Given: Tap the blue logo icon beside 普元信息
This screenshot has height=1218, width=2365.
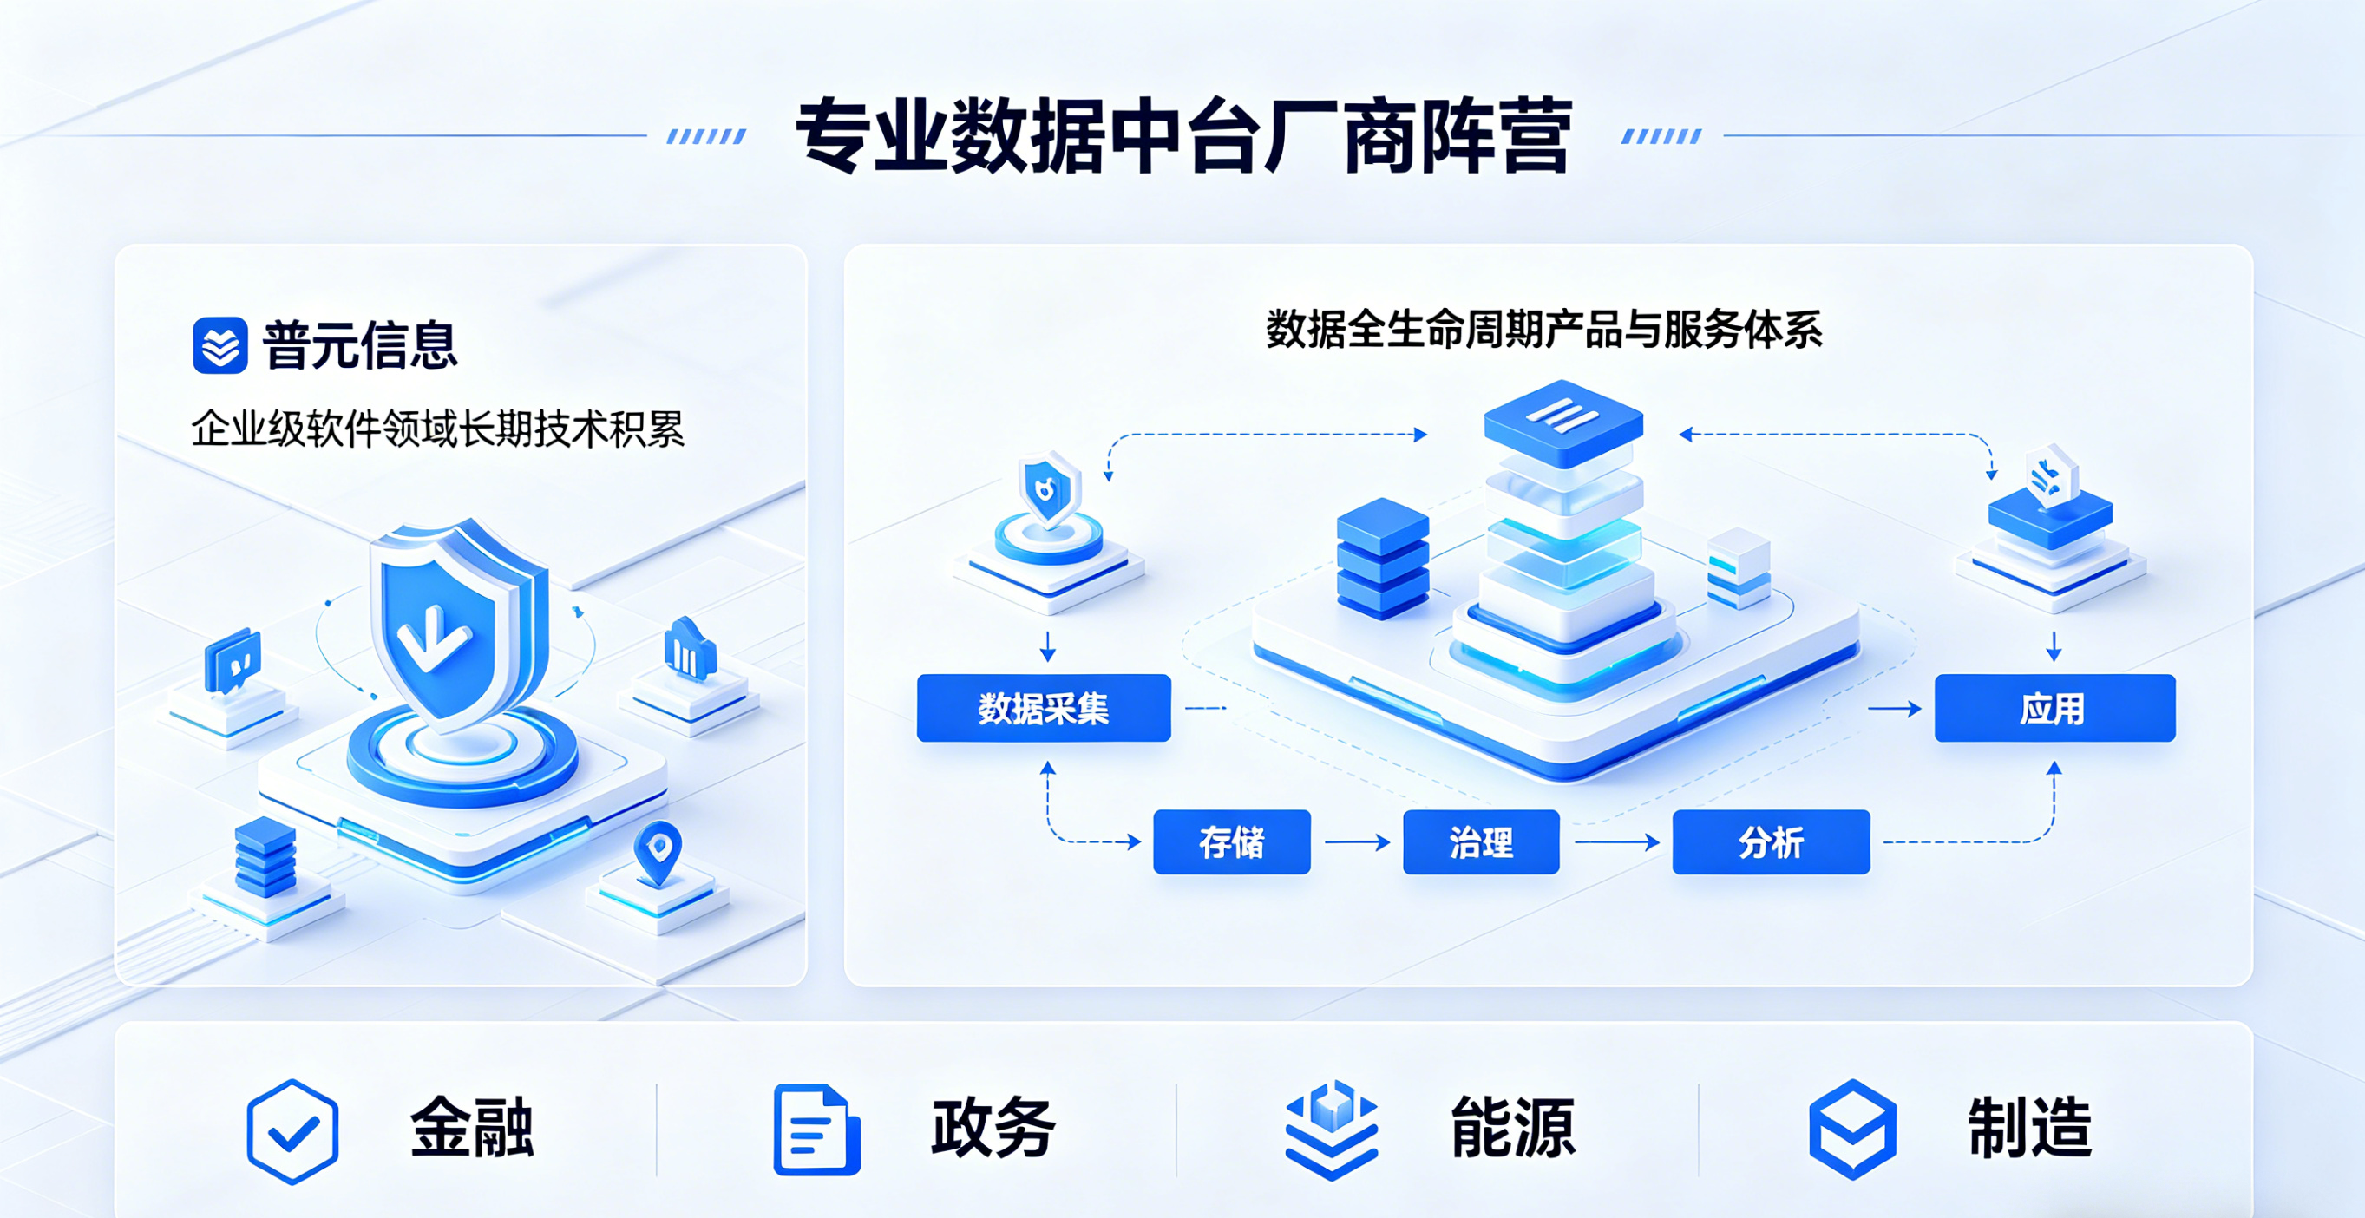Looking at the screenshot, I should point(220,345).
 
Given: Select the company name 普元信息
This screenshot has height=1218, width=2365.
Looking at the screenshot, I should point(360,345).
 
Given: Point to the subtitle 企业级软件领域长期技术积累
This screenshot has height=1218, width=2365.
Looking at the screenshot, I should point(438,429).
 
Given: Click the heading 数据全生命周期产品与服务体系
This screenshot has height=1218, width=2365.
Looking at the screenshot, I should point(1544,330).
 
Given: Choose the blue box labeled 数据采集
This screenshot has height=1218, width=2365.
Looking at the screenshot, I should point(1044,708).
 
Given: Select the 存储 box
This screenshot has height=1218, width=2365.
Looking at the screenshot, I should point(1231,841).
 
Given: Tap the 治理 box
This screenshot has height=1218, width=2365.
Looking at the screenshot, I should point(1481,841).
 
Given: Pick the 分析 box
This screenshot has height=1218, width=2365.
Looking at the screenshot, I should point(1771,841).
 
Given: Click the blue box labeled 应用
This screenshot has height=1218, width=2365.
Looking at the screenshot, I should point(2054,708).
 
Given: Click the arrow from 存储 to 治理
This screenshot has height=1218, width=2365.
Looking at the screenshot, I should point(1357,841).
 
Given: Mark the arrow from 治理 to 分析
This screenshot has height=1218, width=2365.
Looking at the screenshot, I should point(1615,841).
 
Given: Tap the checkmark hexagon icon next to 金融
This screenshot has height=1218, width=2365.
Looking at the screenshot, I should point(293,1130).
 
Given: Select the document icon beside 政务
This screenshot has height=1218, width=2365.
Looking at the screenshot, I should point(816,1130).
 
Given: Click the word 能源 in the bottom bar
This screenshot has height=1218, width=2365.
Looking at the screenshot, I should point(1512,1128).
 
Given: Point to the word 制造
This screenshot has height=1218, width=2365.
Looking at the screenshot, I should point(2030,1128).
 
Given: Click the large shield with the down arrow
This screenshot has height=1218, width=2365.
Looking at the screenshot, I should point(455,624).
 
